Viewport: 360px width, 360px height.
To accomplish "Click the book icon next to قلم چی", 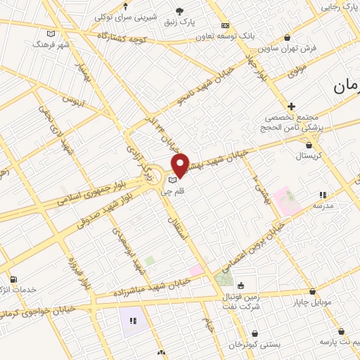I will click(174, 180).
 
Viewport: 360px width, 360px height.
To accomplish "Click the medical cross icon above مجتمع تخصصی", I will click(292, 105).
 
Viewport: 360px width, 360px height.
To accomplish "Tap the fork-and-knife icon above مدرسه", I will click(323, 195).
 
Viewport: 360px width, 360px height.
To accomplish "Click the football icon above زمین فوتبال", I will click(240, 285).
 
